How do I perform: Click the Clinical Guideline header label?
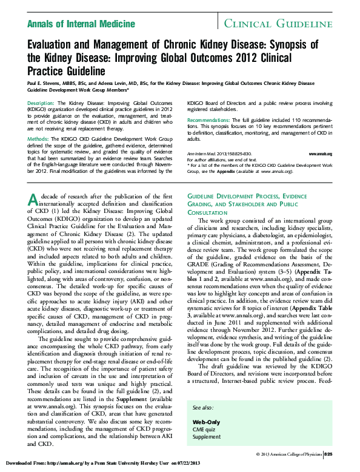(278, 24)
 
